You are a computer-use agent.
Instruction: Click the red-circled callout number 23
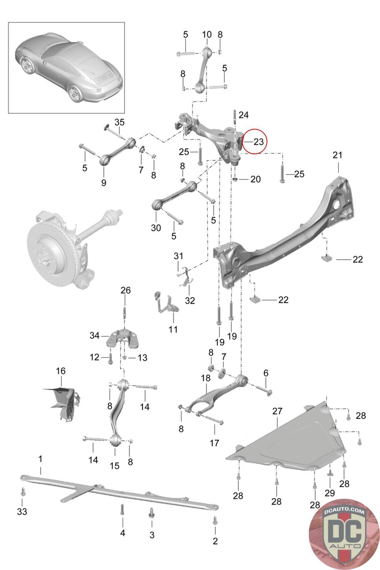coord(259,142)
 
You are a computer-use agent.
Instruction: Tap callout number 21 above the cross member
coord(337,155)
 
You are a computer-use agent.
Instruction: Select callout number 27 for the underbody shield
coord(277,411)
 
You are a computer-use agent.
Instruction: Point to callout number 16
coord(61,371)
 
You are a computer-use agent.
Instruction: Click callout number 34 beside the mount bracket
coord(94,335)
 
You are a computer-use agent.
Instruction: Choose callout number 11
coord(173,330)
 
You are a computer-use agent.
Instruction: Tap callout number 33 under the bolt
coord(22,511)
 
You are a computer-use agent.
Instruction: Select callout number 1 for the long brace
coord(40,459)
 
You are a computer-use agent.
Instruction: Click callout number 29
coord(330,493)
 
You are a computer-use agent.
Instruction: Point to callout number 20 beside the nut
coord(255,179)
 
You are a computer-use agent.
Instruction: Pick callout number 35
coord(119,122)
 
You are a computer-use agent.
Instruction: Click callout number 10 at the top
coord(207,34)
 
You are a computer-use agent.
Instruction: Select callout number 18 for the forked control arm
coord(205,378)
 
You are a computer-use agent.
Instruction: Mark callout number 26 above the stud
coord(125,290)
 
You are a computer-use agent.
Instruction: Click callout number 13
coord(142,358)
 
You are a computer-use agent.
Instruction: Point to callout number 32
coord(190,300)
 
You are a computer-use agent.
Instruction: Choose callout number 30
coord(156,228)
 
